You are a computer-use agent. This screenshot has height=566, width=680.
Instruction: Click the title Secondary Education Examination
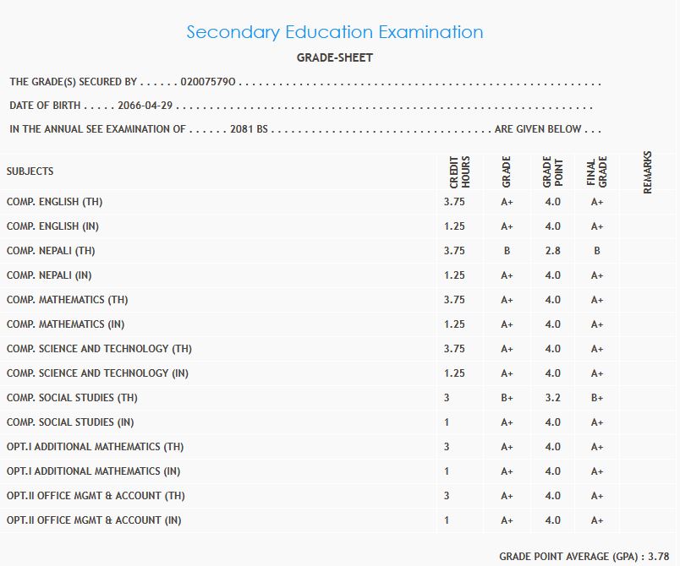point(335,33)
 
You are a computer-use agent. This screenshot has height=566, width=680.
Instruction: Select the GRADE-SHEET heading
point(335,58)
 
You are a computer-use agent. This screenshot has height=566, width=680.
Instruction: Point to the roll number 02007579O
point(208,83)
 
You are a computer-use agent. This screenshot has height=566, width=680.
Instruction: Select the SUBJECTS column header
point(30,171)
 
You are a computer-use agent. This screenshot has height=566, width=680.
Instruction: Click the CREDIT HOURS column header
point(459,171)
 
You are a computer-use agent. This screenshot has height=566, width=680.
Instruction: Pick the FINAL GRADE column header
point(596,171)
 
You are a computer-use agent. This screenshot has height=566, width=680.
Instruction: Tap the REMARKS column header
point(648,171)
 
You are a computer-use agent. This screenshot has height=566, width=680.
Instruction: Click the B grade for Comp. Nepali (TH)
point(507,251)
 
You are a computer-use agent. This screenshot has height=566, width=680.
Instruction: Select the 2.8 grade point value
point(552,251)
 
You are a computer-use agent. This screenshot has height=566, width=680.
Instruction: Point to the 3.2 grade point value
point(552,398)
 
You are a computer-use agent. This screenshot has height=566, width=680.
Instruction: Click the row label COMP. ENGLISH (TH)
point(54,202)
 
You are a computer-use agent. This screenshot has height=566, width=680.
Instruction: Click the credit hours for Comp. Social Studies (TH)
point(447,398)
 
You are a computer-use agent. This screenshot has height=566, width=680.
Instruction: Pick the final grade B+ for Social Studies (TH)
point(597,398)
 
